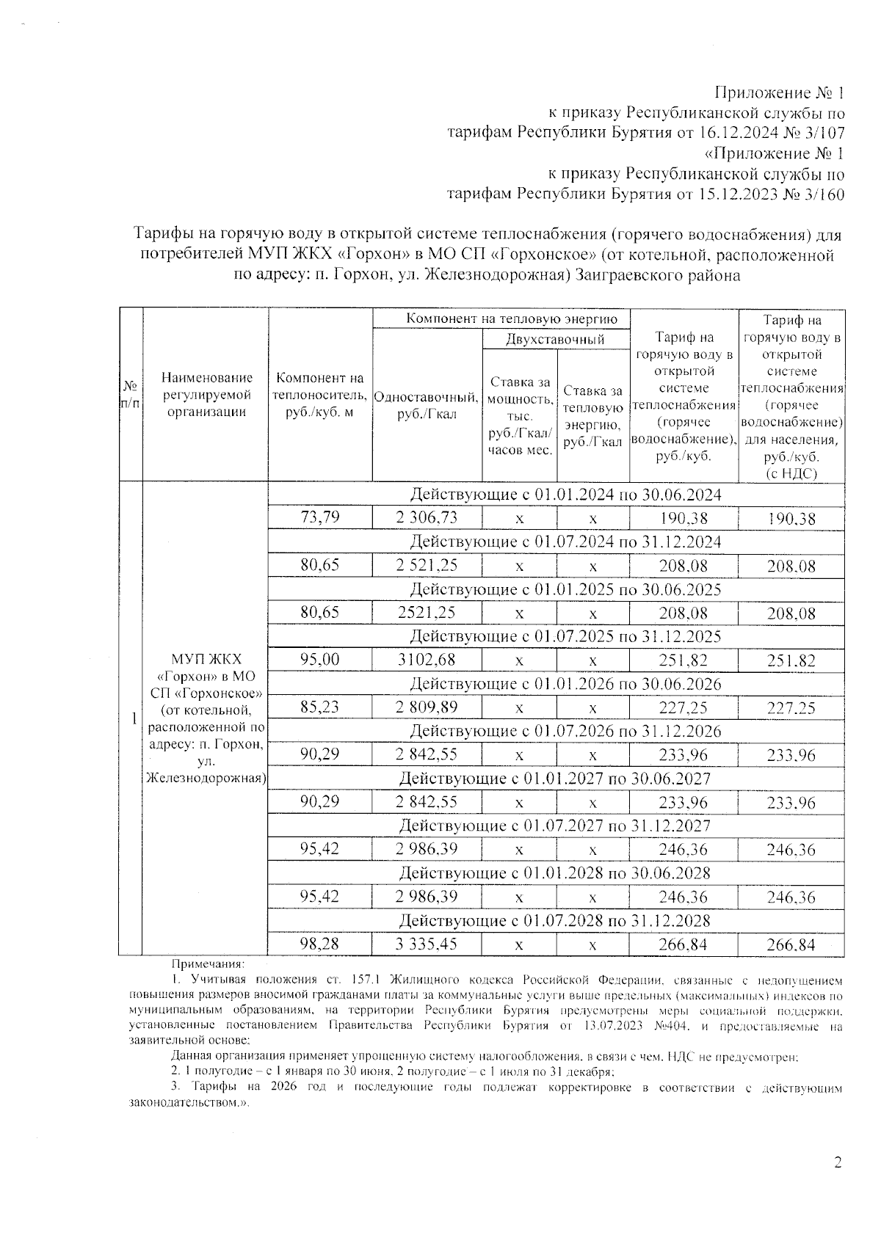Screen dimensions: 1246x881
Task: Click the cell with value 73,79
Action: pyautogui.click(x=320, y=518)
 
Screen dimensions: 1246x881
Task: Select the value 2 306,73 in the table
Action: pyautogui.click(x=427, y=518)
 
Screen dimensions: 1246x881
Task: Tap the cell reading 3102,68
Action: pyautogui.click(x=427, y=660)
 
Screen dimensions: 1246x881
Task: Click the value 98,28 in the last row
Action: pyautogui.click(x=320, y=944)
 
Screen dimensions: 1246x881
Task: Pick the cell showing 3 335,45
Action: pyautogui.click(x=427, y=944)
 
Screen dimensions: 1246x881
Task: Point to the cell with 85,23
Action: pyautogui.click(x=320, y=707)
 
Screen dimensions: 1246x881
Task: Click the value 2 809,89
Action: pyautogui.click(x=427, y=707)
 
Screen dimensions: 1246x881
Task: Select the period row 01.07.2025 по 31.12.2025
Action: pyautogui.click(x=565, y=636)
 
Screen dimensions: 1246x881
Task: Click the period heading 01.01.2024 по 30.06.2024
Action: pyautogui.click(x=565, y=495)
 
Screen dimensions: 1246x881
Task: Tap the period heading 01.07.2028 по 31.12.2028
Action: pyautogui.click(x=554, y=920)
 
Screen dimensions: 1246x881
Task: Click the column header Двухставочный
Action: pyautogui.click(x=556, y=340)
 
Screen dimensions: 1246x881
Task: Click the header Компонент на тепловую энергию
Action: pyautogui.click(x=501, y=318)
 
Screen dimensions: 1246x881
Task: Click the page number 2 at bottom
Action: pyautogui.click(x=838, y=1162)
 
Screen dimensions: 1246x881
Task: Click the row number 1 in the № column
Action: pyautogui.click(x=133, y=719)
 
